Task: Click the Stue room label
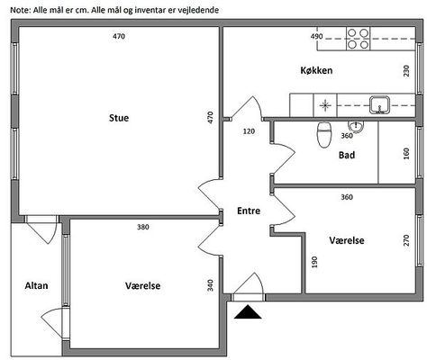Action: (x=119, y=118)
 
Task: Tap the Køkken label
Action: (x=316, y=70)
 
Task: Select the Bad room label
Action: (x=347, y=155)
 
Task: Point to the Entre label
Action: (x=249, y=211)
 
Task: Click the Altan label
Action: (x=36, y=285)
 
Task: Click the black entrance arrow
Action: (x=248, y=311)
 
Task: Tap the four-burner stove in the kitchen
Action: (x=359, y=39)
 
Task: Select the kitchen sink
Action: (x=379, y=105)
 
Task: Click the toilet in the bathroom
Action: (x=324, y=134)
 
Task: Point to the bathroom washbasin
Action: (x=356, y=126)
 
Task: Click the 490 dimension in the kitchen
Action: (x=316, y=37)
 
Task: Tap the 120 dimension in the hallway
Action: (x=249, y=131)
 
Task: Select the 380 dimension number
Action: (x=143, y=227)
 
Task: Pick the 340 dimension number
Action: (x=211, y=285)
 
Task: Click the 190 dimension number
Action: (x=314, y=262)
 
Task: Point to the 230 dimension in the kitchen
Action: (x=406, y=71)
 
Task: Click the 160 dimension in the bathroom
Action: (x=406, y=154)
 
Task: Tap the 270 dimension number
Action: (x=406, y=240)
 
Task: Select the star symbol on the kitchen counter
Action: (x=325, y=105)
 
